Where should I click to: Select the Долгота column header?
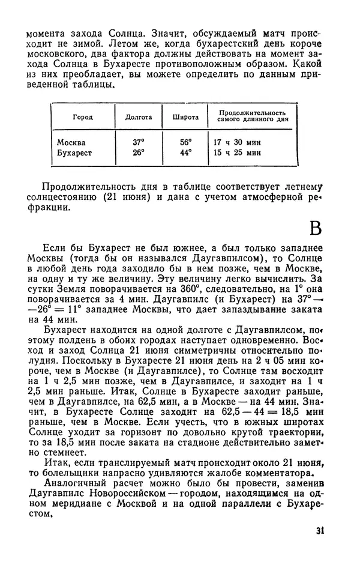click(x=137, y=117)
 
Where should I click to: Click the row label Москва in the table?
click(x=71, y=143)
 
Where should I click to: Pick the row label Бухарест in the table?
click(x=74, y=153)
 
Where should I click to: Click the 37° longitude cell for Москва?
click(x=139, y=143)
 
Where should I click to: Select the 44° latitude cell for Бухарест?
click(x=185, y=153)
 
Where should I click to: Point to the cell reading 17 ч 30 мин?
click(x=237, y=143)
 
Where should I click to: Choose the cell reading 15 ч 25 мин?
click(x=237, y=153)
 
